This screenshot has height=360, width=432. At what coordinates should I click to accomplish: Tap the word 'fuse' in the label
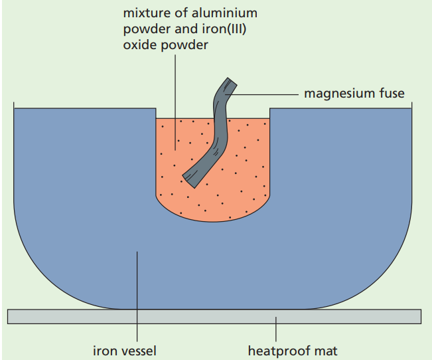coord(392,94)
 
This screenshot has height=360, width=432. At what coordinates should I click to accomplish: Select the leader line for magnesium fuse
coord(265,94)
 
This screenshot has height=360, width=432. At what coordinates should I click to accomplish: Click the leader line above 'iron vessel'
coord(137,299)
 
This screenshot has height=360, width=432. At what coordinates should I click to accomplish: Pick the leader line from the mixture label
coord(176,100)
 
